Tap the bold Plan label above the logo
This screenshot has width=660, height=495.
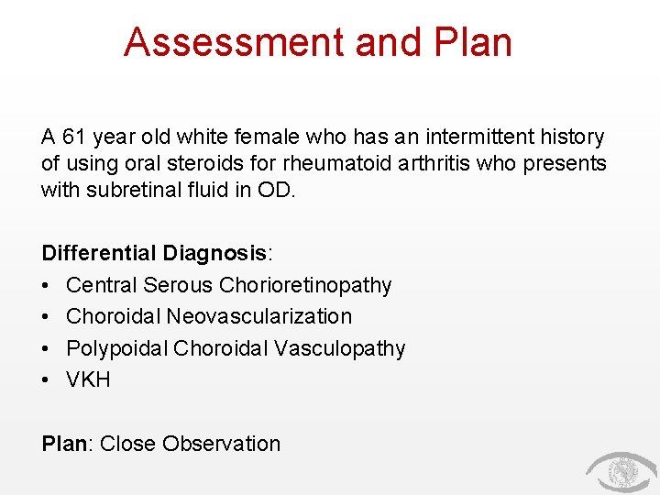[65, 445]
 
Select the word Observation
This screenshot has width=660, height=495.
[222, 445]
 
